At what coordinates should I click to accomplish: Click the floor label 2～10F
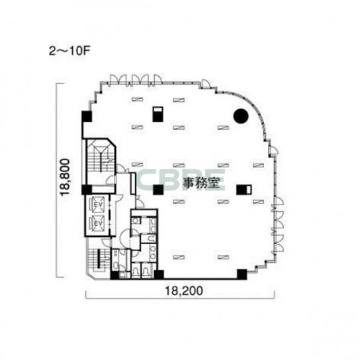(x=69, y=51)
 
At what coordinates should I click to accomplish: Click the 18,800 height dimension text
(x=64, y=177)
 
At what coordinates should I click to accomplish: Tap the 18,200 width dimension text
(x=184, y=291)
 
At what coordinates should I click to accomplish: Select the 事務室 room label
(x=201, y=183)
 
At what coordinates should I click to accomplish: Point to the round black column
(x=241, y=116)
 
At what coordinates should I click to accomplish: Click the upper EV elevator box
(x=97, y=204)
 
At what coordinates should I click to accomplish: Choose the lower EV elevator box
(x=97, y=223)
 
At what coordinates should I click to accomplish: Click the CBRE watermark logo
(x=181, y=180)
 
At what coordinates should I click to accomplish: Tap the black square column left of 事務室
(x=158, y=190)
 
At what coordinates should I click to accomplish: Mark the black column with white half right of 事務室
(x=244, y=190)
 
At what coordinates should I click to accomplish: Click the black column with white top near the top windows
(x=157, y=114)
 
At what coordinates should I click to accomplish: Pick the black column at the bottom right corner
(x=242, y=274)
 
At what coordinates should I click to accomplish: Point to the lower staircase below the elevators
(x=98, y=259)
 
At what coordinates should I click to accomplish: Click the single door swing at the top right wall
(x=206, y=84)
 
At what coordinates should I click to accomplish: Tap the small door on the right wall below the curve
(x=273, y=151)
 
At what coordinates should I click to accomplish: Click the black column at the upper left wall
(x=87, y=116)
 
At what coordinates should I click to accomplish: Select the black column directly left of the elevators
(x=87, y=190)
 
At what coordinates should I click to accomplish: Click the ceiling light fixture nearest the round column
(x=223, y=128)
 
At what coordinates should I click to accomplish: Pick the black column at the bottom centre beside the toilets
(x=159, y=275)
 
